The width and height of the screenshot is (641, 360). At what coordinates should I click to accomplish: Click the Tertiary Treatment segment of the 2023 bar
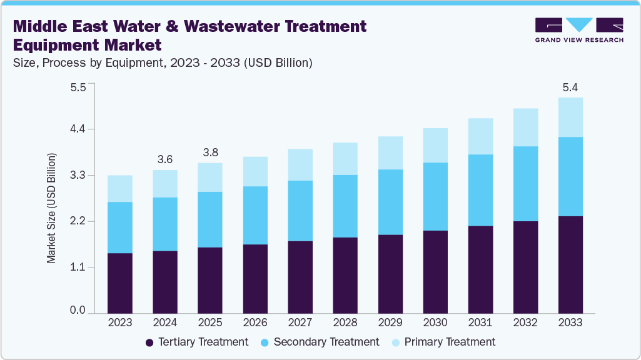coord(119,283)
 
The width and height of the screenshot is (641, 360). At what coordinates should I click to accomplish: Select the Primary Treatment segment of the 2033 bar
coord(570,117)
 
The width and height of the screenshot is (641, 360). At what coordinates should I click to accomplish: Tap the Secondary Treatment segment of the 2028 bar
coord(345,206)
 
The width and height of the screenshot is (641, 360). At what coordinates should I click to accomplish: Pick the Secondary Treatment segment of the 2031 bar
coord(480,190)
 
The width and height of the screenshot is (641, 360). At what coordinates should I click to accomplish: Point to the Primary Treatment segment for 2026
coord(255,171)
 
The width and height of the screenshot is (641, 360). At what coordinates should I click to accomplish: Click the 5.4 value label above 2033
coord(570,87)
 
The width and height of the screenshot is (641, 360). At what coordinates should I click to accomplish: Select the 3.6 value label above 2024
coord(164,159)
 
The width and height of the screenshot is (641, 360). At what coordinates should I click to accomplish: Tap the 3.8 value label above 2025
coord(209,152)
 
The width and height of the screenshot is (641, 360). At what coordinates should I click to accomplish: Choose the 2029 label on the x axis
coord(390,322)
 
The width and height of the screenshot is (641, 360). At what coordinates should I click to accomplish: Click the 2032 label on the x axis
coord(525,322)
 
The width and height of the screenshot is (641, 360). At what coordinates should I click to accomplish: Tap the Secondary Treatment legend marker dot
coord(265,342)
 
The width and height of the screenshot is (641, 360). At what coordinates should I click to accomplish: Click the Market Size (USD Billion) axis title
coord(52,207)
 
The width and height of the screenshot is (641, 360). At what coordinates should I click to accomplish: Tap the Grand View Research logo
coord(578,29)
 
